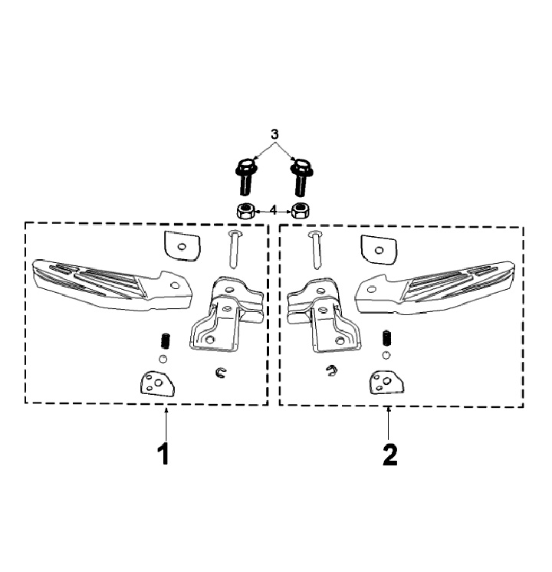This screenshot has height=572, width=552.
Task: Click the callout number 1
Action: click(x=163, y=454)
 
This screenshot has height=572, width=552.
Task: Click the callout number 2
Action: click(x=389, y=454)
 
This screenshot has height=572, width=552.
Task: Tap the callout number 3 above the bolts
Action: click(x=275, y=133)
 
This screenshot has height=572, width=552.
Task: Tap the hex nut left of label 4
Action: click(x=246, y=209)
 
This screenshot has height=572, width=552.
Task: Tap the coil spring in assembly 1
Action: click(x=163, y=341)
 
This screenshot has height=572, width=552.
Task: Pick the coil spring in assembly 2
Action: click(x=386, y=338)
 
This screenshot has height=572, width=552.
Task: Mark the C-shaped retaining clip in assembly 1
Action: click(x=221, y=373)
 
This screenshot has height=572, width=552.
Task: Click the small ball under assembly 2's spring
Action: click(x=386, y=354)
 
